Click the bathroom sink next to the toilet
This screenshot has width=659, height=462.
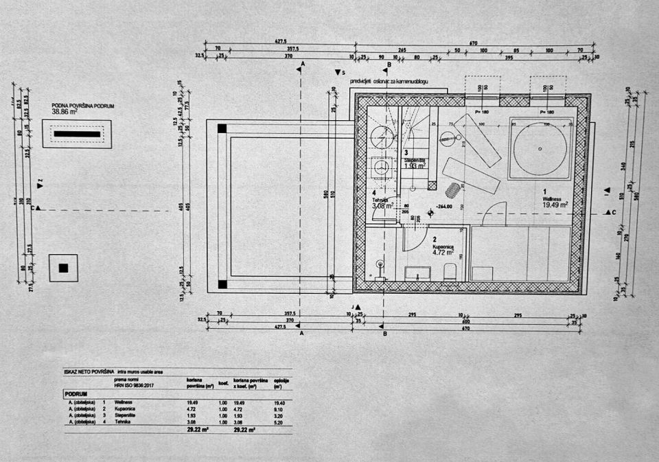[x=417, y=273]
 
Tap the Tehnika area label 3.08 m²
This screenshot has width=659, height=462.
[x=382, y=205]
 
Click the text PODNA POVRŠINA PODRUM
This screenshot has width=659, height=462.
[x=82, y=106]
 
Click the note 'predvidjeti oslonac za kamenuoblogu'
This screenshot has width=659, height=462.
[x=389, y=81]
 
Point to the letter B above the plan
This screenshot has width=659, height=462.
[x=389, y=65]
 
